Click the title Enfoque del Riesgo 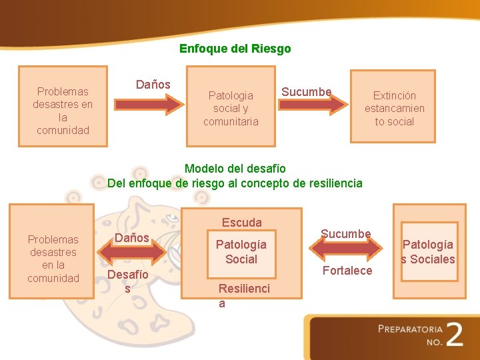coord(235,49)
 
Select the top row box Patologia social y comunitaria coord(231,107)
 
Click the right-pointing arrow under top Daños coord(149,104)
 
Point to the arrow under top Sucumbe coord(313,104)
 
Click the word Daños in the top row coord(153,85)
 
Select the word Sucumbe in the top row coord(306,91)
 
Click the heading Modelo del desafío coord(235,169)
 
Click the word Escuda coord(241,222)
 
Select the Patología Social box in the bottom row coord(241,251)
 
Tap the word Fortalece coord(347,270)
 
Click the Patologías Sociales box coord(427,251)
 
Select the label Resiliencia coord(244,295)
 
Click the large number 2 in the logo coord(455,333)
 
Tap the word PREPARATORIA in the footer coord(409,329)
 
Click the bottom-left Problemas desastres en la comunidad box coord(53,258)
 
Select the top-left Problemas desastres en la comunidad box coord(63,110)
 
